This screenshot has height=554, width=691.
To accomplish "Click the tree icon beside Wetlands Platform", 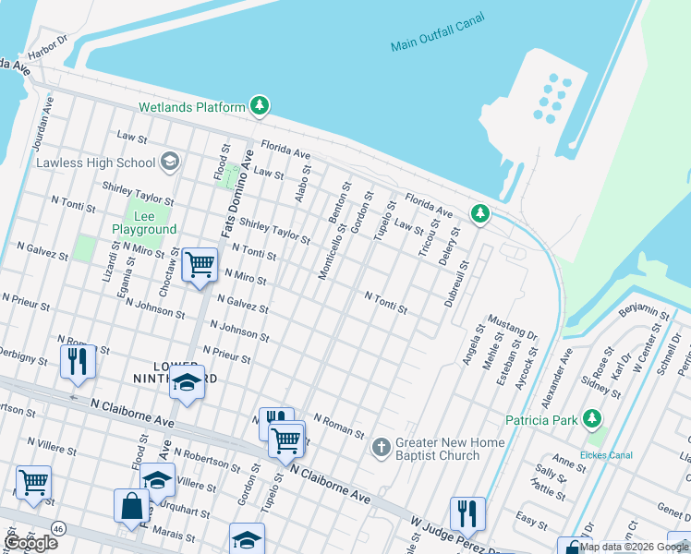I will coord(260,107).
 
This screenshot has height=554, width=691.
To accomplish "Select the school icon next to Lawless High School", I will coord(168,163).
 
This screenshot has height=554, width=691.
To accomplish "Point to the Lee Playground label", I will coord(143,223).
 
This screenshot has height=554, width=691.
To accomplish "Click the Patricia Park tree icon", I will coord(592,420).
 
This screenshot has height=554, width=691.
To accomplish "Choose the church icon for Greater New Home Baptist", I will coord(380,448).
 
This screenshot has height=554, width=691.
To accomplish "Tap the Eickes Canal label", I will coord(605,454).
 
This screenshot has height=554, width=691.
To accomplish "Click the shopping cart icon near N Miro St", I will coord(200,265).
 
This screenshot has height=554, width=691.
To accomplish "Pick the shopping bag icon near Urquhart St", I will coord(131,505).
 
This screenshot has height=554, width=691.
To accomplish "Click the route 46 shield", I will coord(57,529).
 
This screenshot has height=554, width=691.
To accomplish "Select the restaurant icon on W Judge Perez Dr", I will coord(468,512).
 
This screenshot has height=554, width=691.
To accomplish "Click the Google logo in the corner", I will coord(31,543).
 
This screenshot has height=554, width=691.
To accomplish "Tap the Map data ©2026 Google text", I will coord(634,547).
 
